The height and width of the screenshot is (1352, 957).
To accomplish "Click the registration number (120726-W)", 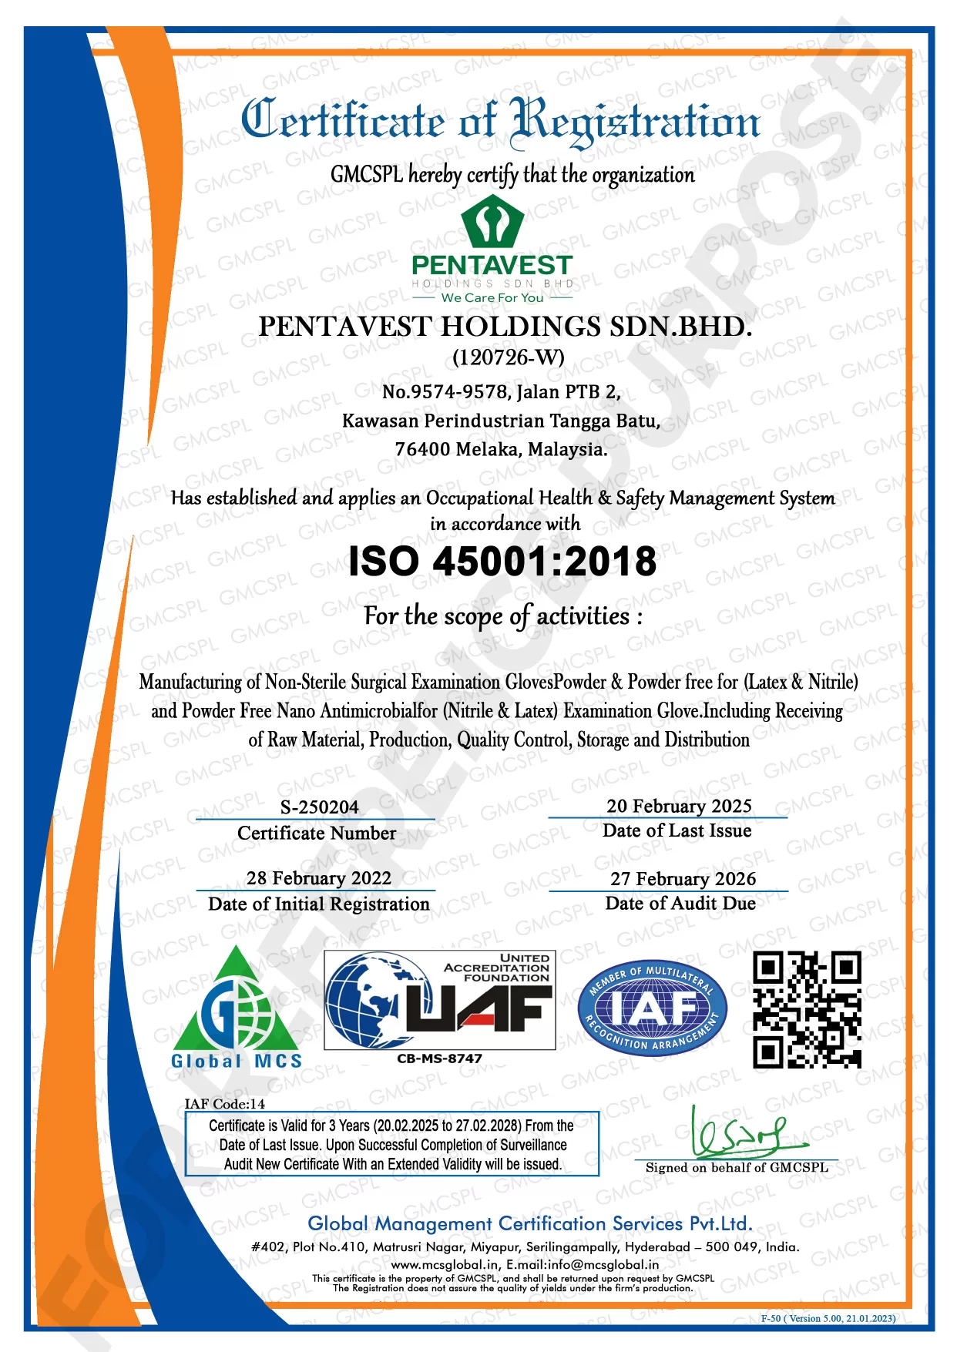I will (x=508, y=357).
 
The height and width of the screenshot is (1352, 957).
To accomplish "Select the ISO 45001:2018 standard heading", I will (x=502, y=561).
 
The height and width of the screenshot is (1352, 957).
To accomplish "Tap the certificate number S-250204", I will (x=319, y=807).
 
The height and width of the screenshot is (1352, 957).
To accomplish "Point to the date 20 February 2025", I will (x=679, y=806).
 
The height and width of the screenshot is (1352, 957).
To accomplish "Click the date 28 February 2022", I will (x=318, y=878).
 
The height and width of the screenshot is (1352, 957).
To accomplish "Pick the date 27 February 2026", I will (x=683, y=879).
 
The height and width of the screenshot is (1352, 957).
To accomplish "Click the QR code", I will (x=806, y=1009).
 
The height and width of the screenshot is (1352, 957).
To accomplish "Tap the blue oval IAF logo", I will (x=652, y=1008).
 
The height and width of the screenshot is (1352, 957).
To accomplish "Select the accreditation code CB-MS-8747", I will (x=439, y=1058).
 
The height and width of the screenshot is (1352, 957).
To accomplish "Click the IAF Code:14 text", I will (x=224, y=1104).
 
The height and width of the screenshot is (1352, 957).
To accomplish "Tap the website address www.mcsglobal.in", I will (x=445, y=1264).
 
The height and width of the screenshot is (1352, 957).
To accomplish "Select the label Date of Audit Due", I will (x=680, y=903).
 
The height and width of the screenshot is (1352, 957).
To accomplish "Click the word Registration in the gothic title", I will (x=636, y=122).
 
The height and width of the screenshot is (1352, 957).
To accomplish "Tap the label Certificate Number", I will (x=317, y=833).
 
